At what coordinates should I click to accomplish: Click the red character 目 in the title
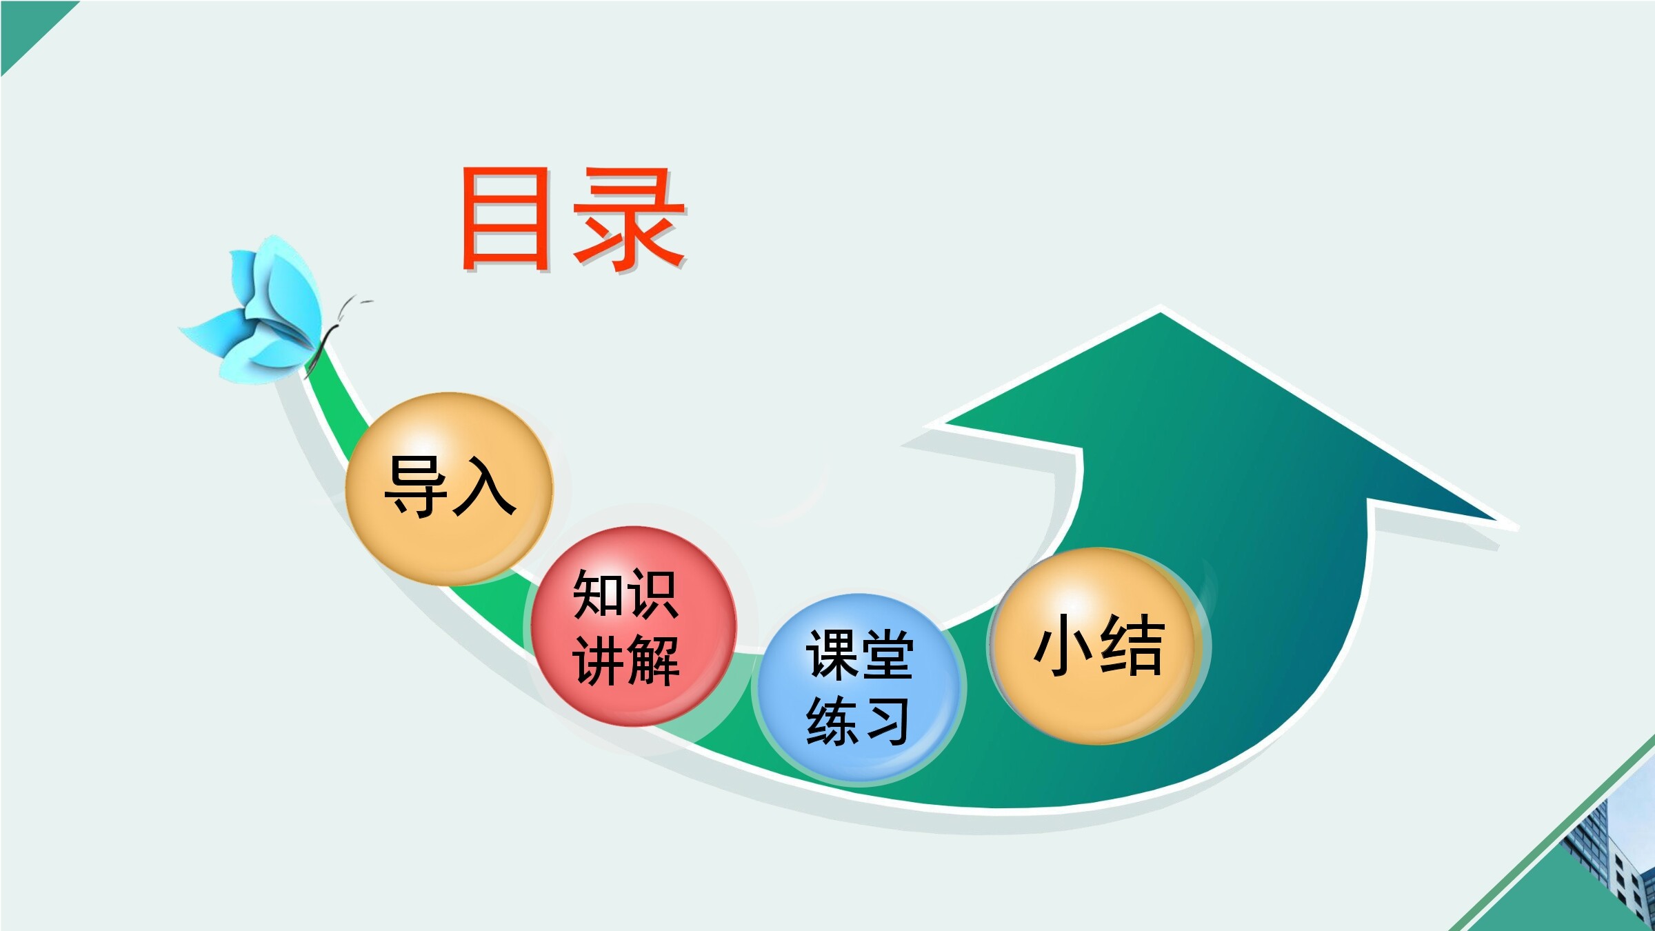[505, 219]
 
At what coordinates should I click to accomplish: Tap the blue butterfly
[252, 310]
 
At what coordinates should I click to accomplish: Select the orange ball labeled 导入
[449, 489]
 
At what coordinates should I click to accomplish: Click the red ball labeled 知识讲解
[633, 626]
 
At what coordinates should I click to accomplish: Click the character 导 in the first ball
[416, 486]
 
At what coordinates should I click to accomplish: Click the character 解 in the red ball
[653, 661]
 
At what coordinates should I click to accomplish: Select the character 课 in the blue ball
[832, 654]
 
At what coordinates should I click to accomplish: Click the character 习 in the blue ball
[886, 720]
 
